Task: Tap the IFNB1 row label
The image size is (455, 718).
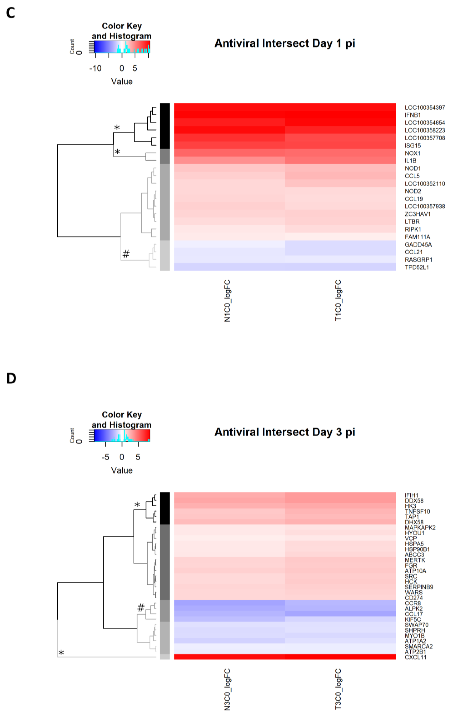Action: pyautogui.click(x=413, y=115)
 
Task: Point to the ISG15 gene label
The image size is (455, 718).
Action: pyautogui.click(x=413, y=146)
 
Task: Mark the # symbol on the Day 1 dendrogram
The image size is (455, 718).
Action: pyautogui.click(x=126, y=254)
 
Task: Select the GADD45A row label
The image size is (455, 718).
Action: pyautogui.click(x=418, y=244)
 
